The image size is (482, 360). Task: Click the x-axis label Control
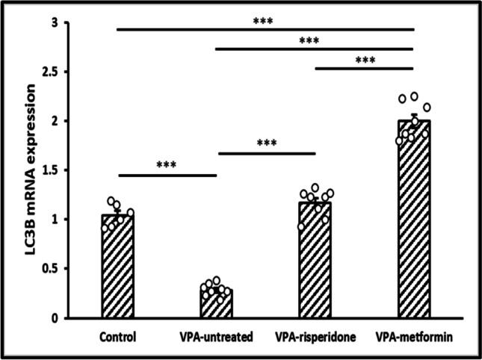[x=117, y=336]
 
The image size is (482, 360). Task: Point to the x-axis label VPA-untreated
[x=215, y=336]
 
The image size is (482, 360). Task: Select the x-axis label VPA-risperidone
[x=315, y=336]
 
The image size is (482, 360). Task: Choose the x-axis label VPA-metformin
[x=413, y=336]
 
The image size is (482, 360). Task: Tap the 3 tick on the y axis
[x=75, y=23]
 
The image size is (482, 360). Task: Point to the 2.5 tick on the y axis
[x=69, y=72]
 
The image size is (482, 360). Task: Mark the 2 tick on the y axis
[x=75, y=121]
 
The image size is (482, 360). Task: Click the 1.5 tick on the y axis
[x=69, y=170]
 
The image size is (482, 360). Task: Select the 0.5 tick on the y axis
[x=69, y=268]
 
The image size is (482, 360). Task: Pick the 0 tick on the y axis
[x=75, y=317]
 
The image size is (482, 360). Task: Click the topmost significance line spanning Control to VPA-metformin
[x=265, y=29]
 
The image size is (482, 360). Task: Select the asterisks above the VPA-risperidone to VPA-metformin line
[x=365, y=60]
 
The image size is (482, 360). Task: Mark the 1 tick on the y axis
[x=75, y=220]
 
